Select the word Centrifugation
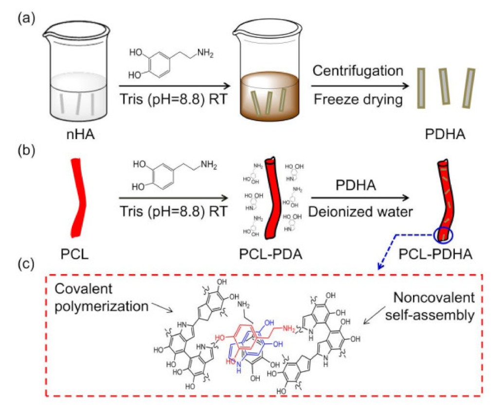click(x=358, y=70)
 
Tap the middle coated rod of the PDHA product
click(x=444, y=86)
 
